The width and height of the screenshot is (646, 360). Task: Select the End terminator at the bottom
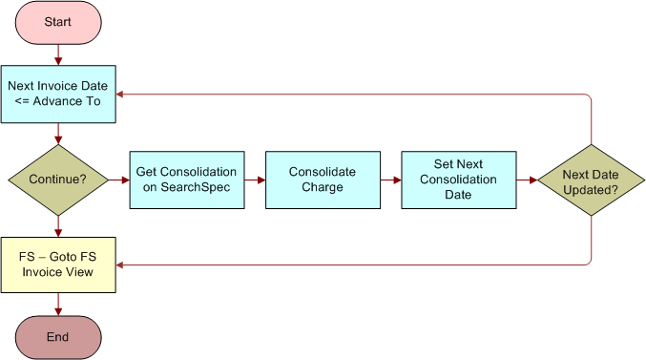58,336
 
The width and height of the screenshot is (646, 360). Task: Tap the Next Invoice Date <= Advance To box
58,94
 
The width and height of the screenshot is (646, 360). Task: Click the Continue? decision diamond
58,180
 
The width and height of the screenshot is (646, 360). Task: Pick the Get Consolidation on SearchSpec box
186,180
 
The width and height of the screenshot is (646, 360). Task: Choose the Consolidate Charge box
323,180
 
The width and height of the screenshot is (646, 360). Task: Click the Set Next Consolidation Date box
458,180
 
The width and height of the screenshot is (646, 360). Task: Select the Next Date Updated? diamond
589,180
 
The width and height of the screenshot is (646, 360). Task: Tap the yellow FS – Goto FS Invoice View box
58,265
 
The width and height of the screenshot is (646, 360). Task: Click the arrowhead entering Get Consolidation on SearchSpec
125,180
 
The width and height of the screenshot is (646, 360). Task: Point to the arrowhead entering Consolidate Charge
260,180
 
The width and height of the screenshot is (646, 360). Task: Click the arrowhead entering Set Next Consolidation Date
396,180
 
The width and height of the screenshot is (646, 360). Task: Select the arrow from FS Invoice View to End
58,303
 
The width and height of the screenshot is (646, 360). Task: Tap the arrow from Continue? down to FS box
58,225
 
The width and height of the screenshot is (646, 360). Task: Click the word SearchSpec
186,187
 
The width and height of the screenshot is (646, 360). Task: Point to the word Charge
323,187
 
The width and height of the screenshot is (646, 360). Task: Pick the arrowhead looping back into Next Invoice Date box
122,94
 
